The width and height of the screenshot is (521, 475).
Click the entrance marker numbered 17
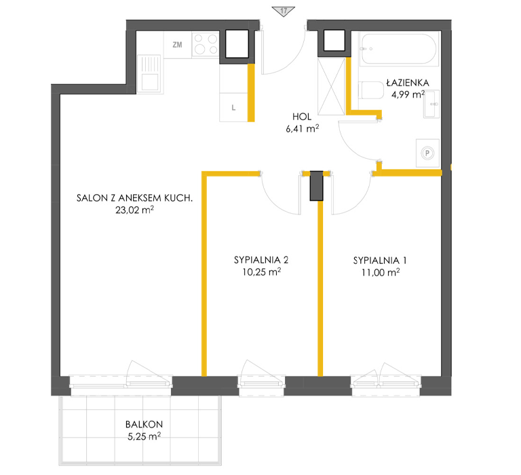pyautogui.click(x=283, y=12)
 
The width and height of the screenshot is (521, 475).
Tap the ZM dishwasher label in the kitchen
pyautogui.click(x=178, y=45)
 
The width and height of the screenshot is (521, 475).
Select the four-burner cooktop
pyautogui.click(x=206, y=44)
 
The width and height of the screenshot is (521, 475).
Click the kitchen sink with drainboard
pyautogui.click(x=149, y=73)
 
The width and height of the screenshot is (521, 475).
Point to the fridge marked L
pyautogui.click(x=233, y=107)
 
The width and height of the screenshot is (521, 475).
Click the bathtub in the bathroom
pyautogui.click(x=398, y=49)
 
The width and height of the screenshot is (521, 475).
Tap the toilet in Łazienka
pyautogui.click(x=371, y=90)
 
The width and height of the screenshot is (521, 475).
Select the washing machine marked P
pyautogui.click(x=427, y=153)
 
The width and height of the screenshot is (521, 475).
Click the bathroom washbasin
pyautogui.click(x=431, y=104)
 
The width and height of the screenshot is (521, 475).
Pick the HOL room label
pyautogui.click(x=302, y=117)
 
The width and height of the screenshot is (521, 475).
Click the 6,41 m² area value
pyautogui.click(x=303, y=128)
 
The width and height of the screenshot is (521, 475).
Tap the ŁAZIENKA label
pyautogui.click(x=408, y=82)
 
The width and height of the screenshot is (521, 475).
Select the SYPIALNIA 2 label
pyautogui.click(x=261, y=260)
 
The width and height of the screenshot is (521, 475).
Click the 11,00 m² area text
pyautogui.click(x=381, y=273)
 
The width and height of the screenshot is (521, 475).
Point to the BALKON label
pyautogui.click(x=144, y=424)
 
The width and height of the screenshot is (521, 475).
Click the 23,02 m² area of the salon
pyautogui.click(x=134, y=210)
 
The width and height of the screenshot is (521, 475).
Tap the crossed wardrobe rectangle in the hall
pyautogui.click(x=331, y=86)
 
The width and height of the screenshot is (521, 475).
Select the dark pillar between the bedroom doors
pyautogui.click(x=317, y=186)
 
